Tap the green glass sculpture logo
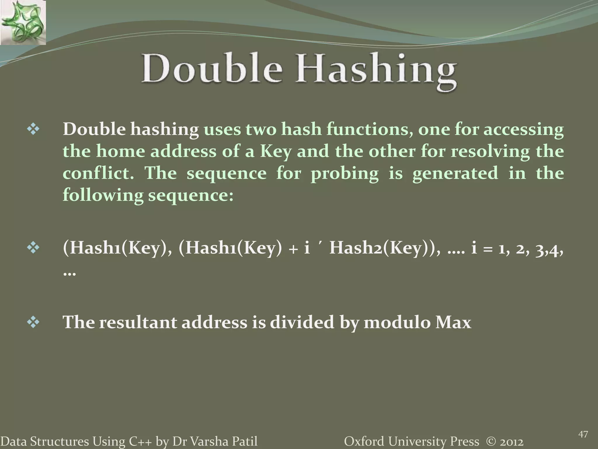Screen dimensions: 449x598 pyautogui.click(x=23, y=22)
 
